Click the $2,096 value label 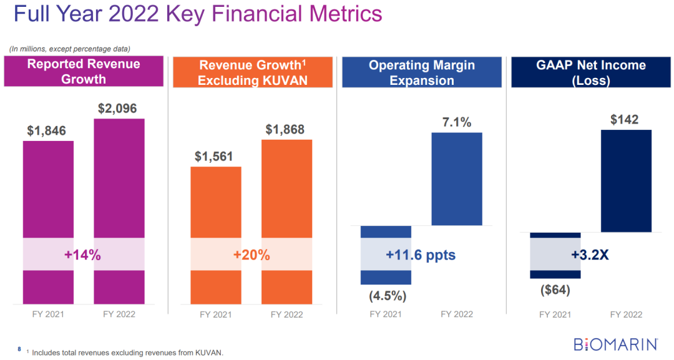[119, 108]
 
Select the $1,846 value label [46, 131]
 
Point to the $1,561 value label [214, 157]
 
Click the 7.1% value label [457, 122]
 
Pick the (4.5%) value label [385, 294]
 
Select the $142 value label [625, 120]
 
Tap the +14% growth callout [82, 255]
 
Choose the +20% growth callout [251, 255]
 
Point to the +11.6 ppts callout [420, 255]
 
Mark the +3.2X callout [589, 255]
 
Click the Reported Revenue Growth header [84, 72]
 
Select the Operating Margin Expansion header [421, 72]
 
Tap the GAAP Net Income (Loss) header [590, 72]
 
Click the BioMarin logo [616, 344]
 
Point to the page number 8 [19, 348]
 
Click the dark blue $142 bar [626, 181]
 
